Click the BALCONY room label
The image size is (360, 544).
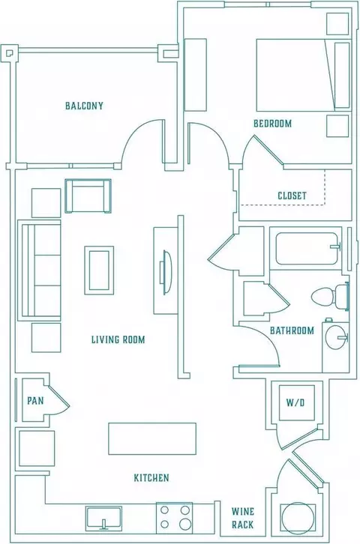(84, 106)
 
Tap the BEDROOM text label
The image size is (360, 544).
(272, 124)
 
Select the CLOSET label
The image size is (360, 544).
(292, 196)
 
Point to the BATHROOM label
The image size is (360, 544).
(292, 330)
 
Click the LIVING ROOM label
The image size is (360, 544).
(118, 339)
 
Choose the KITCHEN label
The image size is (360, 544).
(151, 478)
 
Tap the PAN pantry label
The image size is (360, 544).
(35, 401)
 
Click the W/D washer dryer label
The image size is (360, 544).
(295, 402)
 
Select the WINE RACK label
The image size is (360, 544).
(243, 518)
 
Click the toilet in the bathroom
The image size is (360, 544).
(330, 297)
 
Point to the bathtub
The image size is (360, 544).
(307, 249)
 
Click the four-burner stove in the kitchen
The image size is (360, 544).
(174, 516)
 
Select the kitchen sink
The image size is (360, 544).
(103, 519)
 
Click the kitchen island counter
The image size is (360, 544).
(152, 438)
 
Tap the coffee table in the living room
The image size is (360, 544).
(99, 271)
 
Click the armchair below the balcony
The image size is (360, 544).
(88, 196)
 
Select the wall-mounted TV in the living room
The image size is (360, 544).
(166, 272)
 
